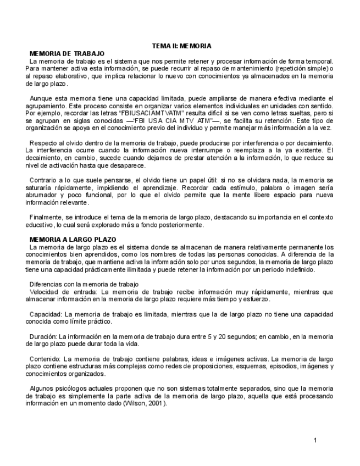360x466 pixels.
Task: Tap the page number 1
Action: [x=315, y=440]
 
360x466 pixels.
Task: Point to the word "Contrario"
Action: [x=43, y=180]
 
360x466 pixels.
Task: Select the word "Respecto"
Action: [x=43, y=143]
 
